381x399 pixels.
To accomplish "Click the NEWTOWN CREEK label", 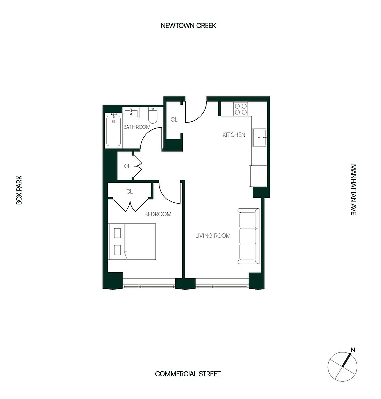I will [x=188, y=26].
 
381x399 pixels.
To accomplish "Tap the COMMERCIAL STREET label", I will [x=188, y=374].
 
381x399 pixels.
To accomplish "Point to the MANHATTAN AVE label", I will [x=353, y=190].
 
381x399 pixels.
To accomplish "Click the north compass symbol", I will [x=342, y=365].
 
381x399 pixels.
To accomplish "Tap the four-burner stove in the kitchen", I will [x=241, y=109].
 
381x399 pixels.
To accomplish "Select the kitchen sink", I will [x=260, y=138].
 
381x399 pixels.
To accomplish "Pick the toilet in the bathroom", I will [x=153, y=116].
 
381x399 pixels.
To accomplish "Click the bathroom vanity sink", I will [x=133, y=112].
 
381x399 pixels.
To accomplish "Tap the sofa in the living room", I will [x=249, y=236].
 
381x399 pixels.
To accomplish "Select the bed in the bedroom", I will [x=132, y=241].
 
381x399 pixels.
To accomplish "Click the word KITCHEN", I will [x=234, y=135].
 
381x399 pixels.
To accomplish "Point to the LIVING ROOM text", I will [x=213, y=236].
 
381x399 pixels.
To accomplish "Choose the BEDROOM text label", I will [x=158, y=214].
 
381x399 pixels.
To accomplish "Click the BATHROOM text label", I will [x=137, y=127].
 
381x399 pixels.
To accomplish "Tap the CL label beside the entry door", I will [x=174, y=120].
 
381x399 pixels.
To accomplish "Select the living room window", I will [x=222, y=286].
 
